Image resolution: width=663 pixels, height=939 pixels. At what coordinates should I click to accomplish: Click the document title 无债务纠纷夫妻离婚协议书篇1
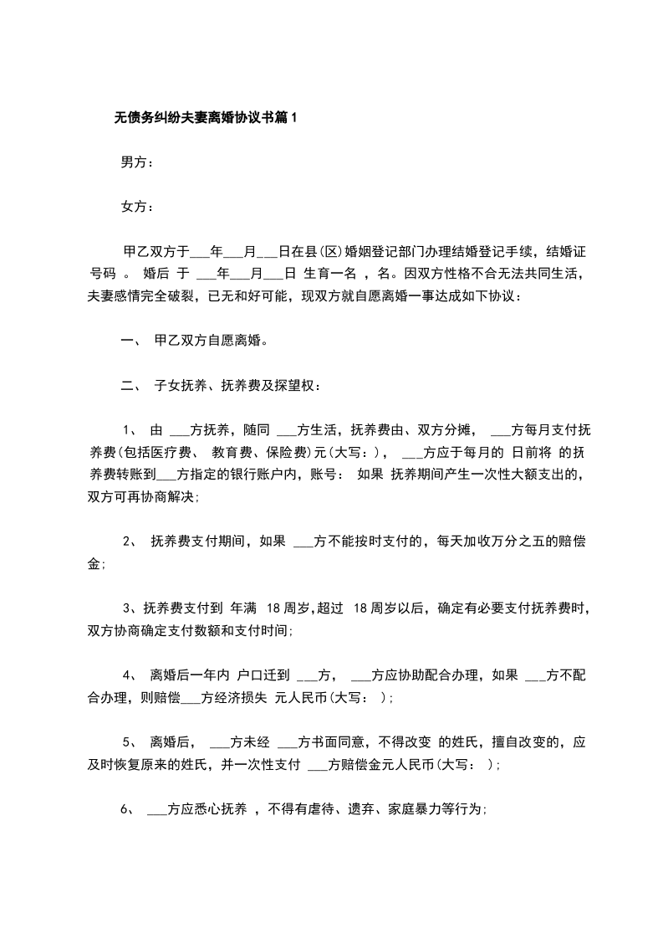coord(205,118)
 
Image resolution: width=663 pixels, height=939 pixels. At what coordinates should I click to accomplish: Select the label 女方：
coord(137,207)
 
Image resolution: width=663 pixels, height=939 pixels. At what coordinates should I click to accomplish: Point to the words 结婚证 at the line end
coord(568,251)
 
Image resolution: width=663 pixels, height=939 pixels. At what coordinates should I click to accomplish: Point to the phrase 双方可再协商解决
coord(141,497)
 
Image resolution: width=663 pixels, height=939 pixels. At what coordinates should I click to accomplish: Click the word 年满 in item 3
coord(242,609)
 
